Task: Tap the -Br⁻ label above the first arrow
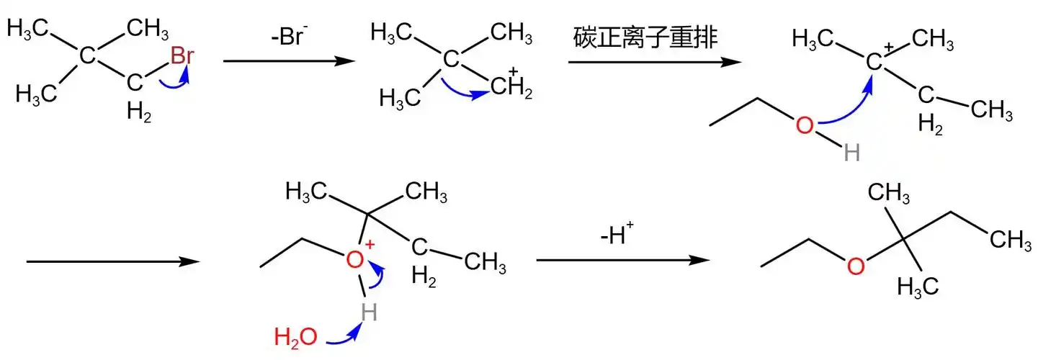click(290, 37)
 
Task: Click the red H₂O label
click(295, 336)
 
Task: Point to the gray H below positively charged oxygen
click(370, 312)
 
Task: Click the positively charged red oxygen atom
click(355, 260)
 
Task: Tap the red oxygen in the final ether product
click(855, 266)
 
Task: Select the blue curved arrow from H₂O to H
click(344, 333)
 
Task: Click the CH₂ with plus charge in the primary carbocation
click(511, 90)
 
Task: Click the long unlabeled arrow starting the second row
click(112, 261)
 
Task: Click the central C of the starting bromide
click(86, 55)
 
